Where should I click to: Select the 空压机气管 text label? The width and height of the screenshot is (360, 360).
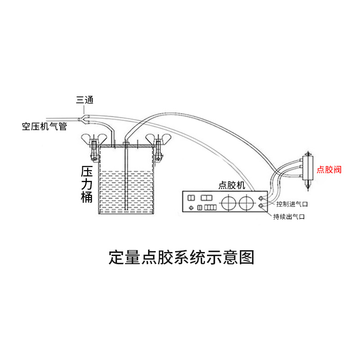pyautogui.click(x=45, y=126)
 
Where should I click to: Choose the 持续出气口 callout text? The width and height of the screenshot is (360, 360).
pyautogui.click(x=289, y=217)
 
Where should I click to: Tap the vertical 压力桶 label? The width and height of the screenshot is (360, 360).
pyautogui.click(x=87, y=184)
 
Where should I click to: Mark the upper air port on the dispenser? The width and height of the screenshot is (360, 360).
pyautogui.click(x=261, y=198)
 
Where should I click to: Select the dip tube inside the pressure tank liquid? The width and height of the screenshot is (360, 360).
pyautogui.click(x=128, y=189)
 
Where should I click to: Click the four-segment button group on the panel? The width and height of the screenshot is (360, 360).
pyautogui.click(x=210, y=207)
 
